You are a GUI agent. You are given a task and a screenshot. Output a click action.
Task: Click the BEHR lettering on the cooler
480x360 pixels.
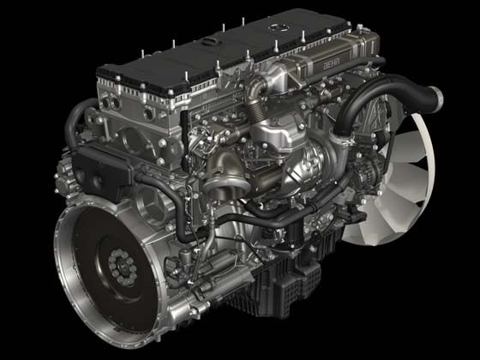point(332,63)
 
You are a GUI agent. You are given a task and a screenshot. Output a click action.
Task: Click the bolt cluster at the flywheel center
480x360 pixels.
point(123,267)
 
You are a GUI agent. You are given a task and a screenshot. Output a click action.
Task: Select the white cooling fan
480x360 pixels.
point(395,181)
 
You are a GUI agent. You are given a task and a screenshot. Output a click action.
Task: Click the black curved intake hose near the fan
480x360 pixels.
point(382,98)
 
